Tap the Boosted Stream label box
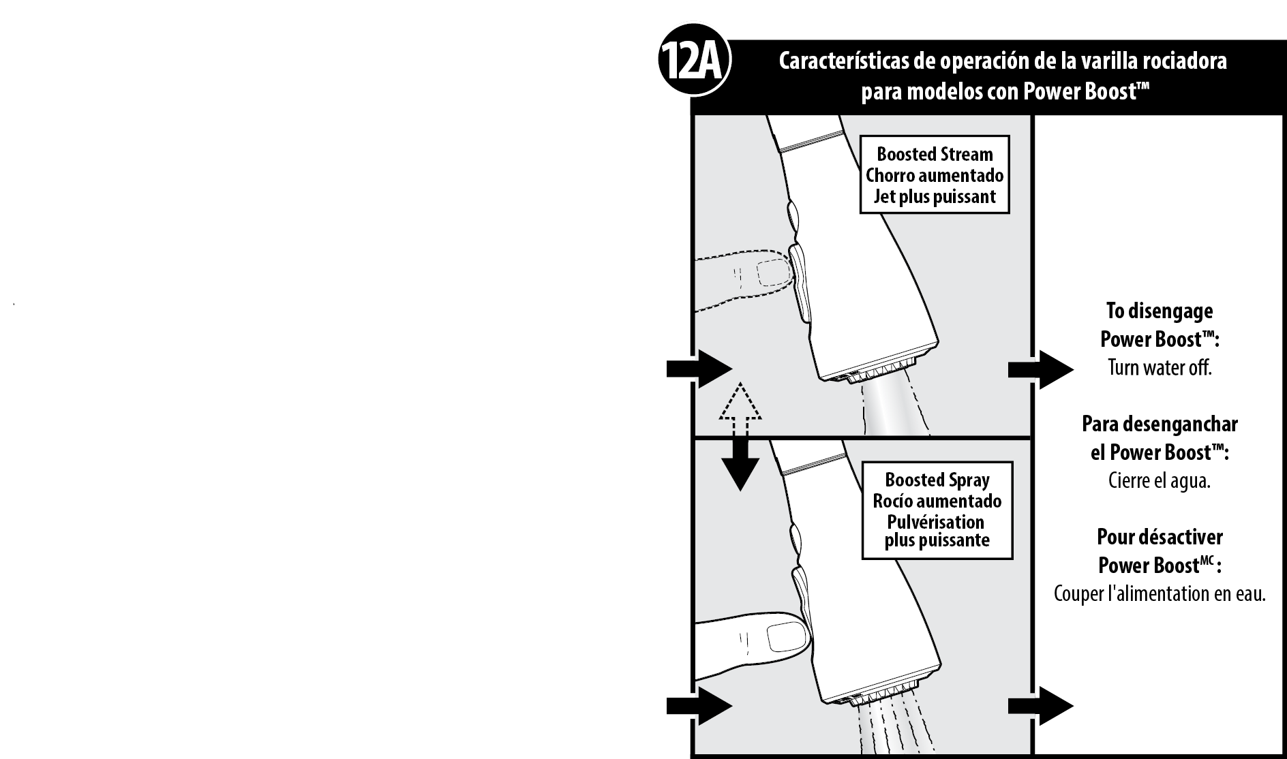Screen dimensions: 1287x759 [x=935, y=175]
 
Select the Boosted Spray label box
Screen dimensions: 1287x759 [x=937, y=510]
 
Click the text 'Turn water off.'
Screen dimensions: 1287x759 [x=1160, y=368]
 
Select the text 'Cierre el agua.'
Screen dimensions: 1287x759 [x=1160, y=481]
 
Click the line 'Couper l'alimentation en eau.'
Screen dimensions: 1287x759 [x=1160, y=593]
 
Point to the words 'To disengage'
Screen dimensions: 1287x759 [x=1160, y=311]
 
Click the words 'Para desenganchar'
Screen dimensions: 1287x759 [x=1160, y=424]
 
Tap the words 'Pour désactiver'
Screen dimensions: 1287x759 [x=1160, y=537]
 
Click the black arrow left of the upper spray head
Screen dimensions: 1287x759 [x=699, y=369]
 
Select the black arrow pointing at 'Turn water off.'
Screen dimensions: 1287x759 [x=1041, y=369]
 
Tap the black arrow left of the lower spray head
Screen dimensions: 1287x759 [x=699, y=707]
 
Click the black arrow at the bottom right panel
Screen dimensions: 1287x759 [x=1041, y=707]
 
